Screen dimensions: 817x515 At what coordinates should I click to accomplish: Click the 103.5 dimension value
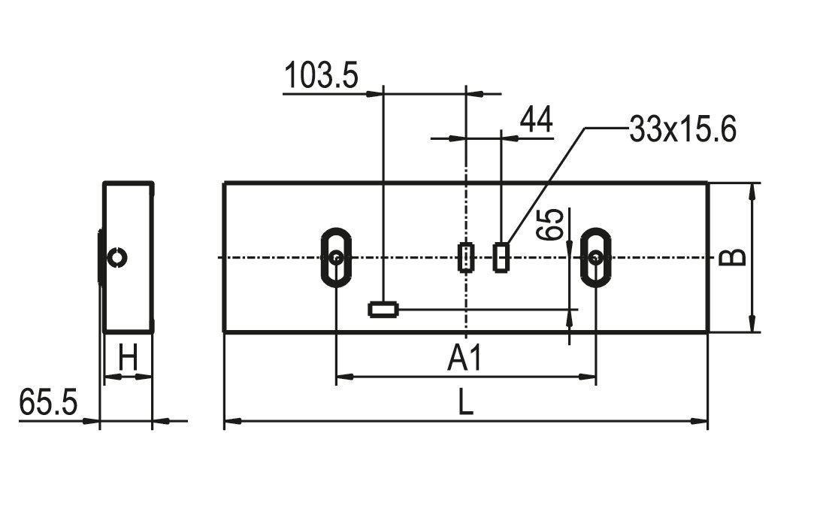pos(322,75)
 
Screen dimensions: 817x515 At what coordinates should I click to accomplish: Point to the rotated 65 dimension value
pos(552,225)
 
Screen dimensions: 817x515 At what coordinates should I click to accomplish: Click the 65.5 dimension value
pos(48,402)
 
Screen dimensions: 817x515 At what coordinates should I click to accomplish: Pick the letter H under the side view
pos(128,358)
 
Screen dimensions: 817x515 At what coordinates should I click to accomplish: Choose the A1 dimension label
pos(465,359)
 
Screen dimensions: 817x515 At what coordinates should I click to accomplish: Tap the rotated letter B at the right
pos(733,257)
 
